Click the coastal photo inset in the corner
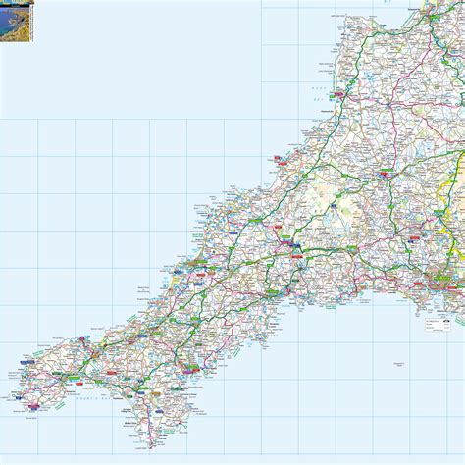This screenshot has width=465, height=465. point(16,14)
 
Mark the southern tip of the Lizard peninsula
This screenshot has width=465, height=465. point(151,447)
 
